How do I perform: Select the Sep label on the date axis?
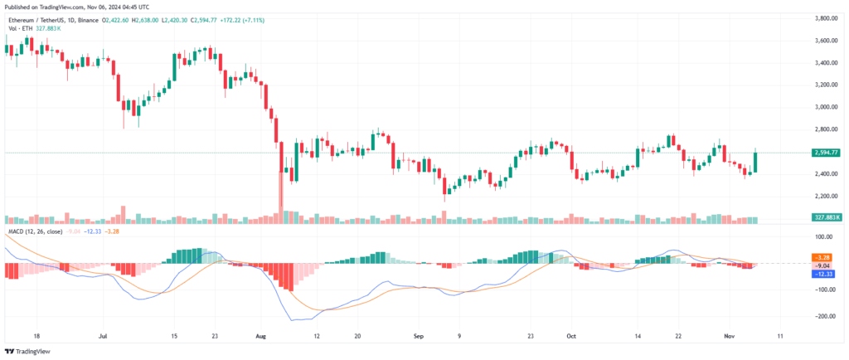click(419, 337)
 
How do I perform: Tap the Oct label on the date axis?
click(570, 337)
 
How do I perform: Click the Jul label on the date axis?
click(104, 337)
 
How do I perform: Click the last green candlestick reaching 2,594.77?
click(755, 162)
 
